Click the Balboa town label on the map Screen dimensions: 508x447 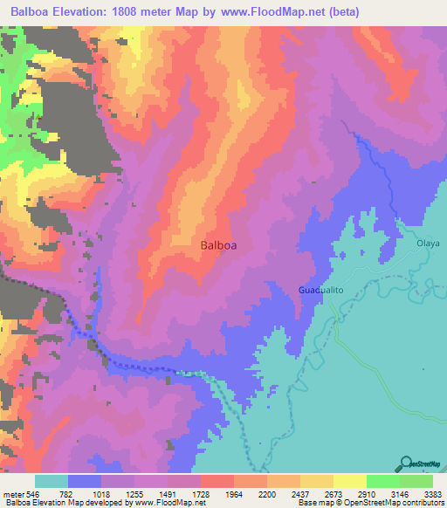pos(218,245)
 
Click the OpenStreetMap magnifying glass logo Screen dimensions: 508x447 pos(405,464)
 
